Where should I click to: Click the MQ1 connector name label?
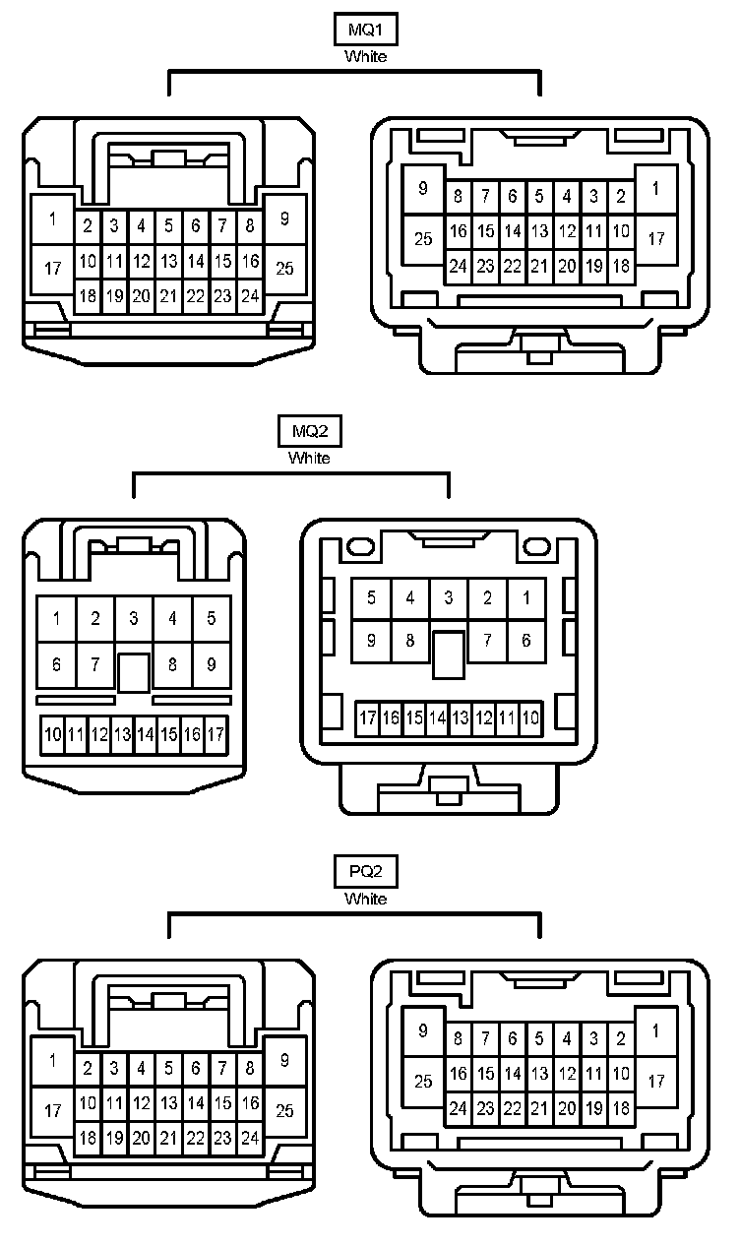pyautogui.click(x=365, y=31)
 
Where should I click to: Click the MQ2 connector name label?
pyautogui.click(x=309, y=432)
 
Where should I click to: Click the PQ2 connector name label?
pyautogui.click(x=365, y=872)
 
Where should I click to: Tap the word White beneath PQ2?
pyautogui.click(x=365, y=899)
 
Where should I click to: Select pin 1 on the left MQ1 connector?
pyautogui.click(x=53, y=218)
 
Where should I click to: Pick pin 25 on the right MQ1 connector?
pyautogui.click(x=423, y=238)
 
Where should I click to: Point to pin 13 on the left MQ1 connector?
pyautogui.click(x=168, y=262)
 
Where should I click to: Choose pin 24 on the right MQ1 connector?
pyautogui.click(x=458, y=266)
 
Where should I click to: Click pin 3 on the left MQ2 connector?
pyautogui.click(x=133, y=619)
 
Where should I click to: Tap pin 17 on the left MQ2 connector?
pyautogui.click(x=216, y=734)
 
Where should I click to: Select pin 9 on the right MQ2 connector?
pyautogui.click(x=371, y=641)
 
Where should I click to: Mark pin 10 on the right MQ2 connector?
pyautogui.click(x=530, y=718)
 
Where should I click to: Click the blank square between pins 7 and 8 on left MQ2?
pyautogui.click(x=133, y=671)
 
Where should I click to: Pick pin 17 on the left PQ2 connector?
pyautogui.click(x=53, y=1111)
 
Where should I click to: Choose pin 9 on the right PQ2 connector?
pyautogui.click(x=423, y=1031)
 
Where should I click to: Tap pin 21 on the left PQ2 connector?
pyautogui.click(x=168, y=1138)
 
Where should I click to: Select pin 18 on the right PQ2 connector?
pyautogui.click(x=621, y=1108)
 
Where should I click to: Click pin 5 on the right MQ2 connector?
pyautogui.click(x=371, y=597)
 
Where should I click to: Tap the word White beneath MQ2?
pyautogui.click(x=309, y=458)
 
